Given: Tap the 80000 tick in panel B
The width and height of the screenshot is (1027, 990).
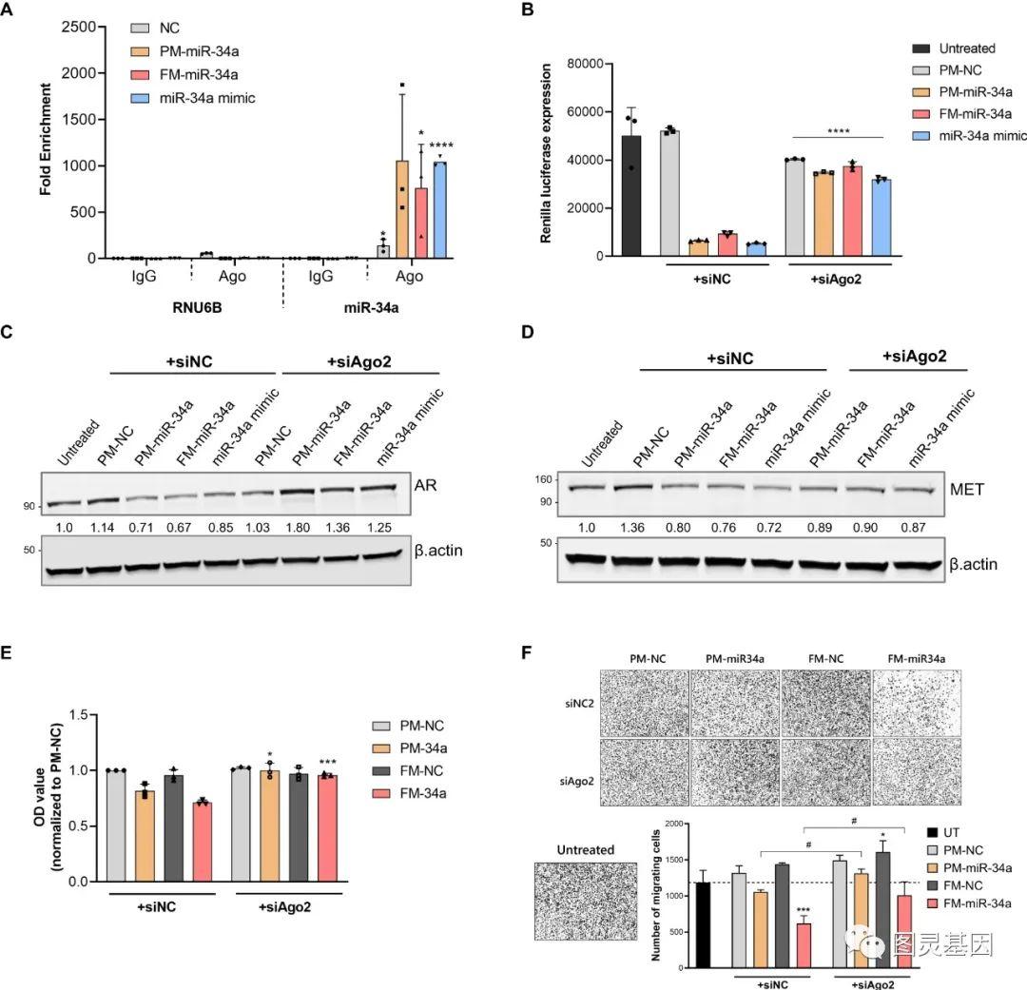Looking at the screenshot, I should [580, 64].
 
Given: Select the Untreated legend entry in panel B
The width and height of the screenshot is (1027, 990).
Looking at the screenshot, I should [954, 49].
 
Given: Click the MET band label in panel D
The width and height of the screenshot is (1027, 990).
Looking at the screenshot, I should [969, 492].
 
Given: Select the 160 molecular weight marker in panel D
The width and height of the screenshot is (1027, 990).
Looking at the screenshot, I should [542, 479].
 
